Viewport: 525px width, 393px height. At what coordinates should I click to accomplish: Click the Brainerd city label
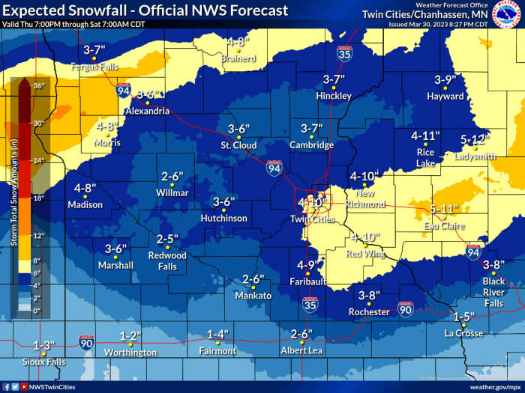(238, 58)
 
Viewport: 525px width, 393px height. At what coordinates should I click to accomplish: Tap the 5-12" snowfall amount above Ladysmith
(474, 140)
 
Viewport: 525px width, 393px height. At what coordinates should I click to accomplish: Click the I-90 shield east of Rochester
(405, 309)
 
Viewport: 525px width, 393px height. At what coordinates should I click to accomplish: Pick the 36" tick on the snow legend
(39, 85)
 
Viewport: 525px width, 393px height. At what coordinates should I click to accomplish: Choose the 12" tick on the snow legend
(39, 235)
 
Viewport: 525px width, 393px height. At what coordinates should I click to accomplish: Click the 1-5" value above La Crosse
(464, 317)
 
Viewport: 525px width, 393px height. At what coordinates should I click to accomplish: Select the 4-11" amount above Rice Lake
(425, 135)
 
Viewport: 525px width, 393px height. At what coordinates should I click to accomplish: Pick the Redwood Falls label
(167, 261)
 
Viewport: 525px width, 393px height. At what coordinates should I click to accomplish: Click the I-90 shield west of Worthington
(86, 342)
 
